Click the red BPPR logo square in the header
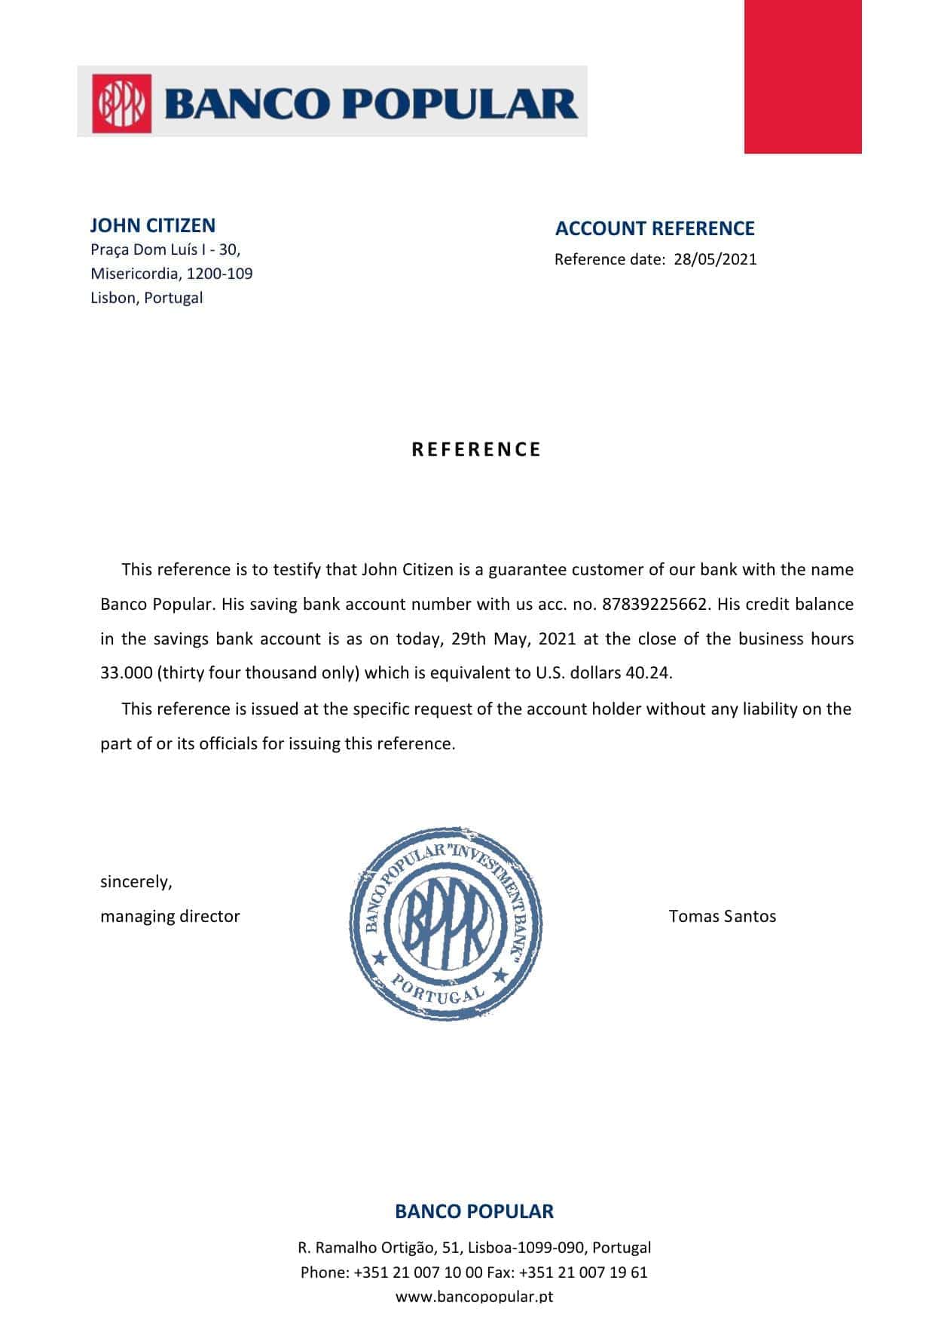pos(121,103)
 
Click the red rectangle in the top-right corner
pos(802,76)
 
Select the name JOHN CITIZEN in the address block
pos(152,225)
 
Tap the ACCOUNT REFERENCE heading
pos(654,228)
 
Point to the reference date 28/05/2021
pos(715,259)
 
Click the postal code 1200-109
pos(219,273)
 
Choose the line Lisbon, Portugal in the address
pos(146,297)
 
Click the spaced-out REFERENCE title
pos(476,449)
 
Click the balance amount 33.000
pos(127,672)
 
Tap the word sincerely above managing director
pos(136,881)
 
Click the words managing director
pos(170,916)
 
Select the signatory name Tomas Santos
pos(722,916)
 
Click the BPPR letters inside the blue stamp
pos(445,923)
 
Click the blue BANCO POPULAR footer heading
pos(474,1211)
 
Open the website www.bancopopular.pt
pos(474,1297)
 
